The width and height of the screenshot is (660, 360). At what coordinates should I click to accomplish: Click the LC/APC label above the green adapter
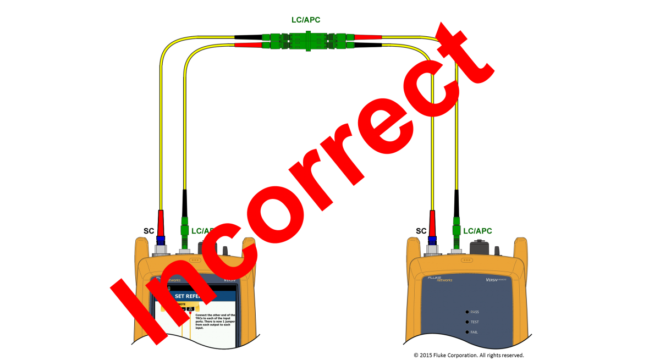(x=306, y=20)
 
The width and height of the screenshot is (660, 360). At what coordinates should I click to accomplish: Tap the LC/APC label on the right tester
(x=477, y=231)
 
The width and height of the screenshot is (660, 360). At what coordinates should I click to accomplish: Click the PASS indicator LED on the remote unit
(x=467, y=312)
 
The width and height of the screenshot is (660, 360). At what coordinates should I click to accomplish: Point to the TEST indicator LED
(x=467, y=322)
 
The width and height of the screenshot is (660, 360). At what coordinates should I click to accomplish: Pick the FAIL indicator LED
(x=467, y=332)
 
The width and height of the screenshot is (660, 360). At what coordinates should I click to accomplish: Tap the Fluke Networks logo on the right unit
(x=440, y=279)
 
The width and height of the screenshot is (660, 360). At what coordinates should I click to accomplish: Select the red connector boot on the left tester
(x=161, y=223)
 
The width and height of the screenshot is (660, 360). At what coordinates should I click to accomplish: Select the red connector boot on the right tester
(x=432, y=223)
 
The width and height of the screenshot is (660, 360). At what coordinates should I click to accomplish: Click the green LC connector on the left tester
(x=185, y=231)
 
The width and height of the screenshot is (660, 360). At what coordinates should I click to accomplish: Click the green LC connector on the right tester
(x=456, y=231)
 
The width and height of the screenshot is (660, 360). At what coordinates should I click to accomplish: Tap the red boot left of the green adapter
(x=248, y=45)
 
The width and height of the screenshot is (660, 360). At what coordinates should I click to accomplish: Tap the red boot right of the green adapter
(x=368, y=37)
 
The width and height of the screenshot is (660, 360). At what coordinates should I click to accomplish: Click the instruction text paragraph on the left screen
(x=215, y=321)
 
